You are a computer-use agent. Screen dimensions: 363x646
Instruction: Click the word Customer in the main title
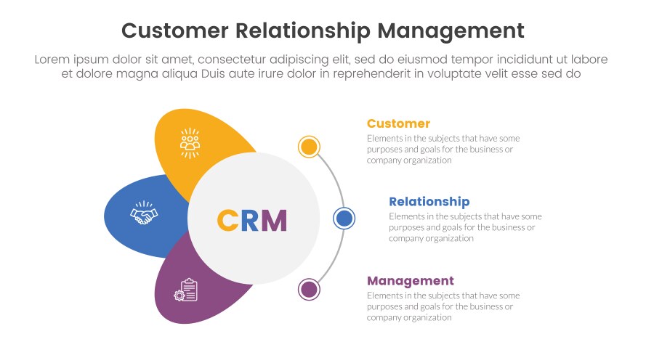click(174, 30)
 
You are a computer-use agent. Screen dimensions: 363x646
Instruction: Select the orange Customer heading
click(398, 123)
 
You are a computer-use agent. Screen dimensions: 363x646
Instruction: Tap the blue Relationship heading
click(429, 202)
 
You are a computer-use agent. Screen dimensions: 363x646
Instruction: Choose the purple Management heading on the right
click(410, 281)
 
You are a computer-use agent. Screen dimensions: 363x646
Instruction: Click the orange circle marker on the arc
click(309, 147)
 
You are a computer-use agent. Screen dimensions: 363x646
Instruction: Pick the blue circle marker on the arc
click(344, 218)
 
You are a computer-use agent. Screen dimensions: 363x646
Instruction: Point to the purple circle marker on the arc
click(309, 290)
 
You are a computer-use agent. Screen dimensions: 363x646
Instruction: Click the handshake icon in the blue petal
click(144, 213)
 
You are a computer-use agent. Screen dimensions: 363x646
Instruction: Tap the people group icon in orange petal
click(190, 142)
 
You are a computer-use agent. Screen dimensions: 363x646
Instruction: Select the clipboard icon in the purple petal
click(185, 290)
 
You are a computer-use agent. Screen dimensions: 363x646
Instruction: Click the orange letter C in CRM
click(227, 220)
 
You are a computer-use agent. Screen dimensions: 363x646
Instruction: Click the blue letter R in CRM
click(249, 220)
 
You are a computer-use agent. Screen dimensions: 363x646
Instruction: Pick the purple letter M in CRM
click(274, 220)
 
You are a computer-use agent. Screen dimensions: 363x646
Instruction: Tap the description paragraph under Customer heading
click(443, 149)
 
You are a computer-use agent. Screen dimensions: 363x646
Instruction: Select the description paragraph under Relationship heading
click(464, 227)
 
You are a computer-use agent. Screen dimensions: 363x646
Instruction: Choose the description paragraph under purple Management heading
click(443, 306)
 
